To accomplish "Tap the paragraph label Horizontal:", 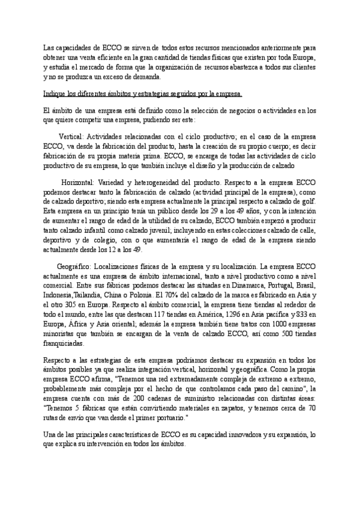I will (x=80, y=182).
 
